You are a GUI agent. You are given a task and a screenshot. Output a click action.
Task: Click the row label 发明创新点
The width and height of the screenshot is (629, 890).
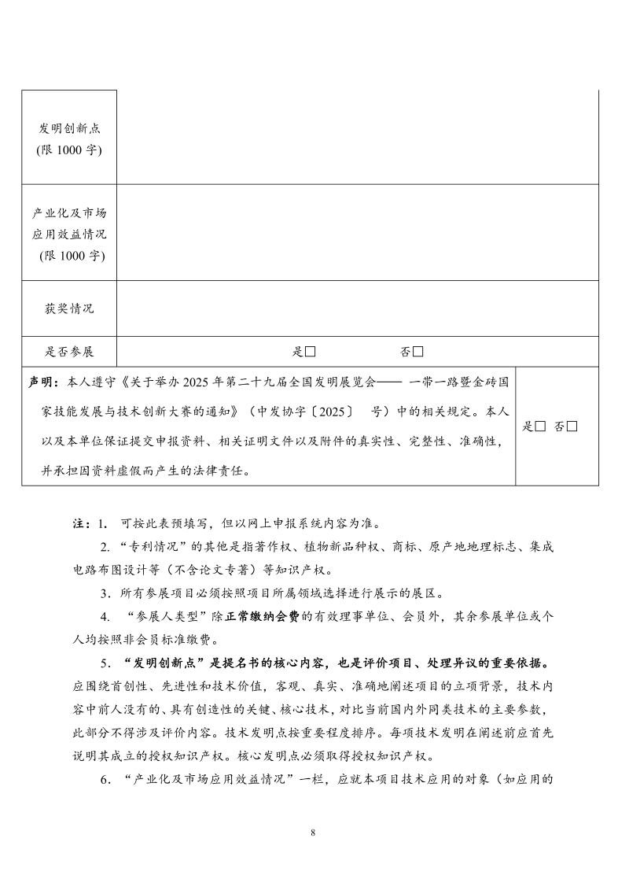[x=69, y=128]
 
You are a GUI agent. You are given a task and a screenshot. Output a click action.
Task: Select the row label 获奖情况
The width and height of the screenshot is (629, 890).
[x=69, y=308]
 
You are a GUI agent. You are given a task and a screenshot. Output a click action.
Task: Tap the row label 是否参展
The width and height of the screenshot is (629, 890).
[x=69, y=351]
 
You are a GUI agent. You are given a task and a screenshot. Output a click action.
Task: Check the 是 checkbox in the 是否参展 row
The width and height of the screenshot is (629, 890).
[x=311, y=351]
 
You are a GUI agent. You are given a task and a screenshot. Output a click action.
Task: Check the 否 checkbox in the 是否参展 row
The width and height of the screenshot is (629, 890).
[x=417, y=351]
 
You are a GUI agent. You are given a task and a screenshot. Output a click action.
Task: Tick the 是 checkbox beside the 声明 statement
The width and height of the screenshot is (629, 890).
[x=540, y=427]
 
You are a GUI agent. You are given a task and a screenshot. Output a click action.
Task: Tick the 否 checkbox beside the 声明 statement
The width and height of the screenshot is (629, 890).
[x=572, y=427]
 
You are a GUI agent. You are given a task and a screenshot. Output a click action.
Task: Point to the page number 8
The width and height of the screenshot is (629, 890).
[x=313, y=832]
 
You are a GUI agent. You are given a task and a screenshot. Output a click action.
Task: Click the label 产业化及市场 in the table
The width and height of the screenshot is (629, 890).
[x=69, y=213]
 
